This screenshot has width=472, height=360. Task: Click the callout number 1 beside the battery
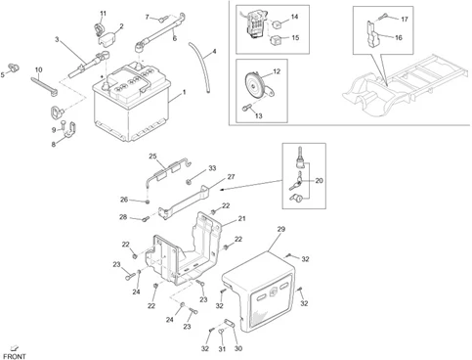[184, 93]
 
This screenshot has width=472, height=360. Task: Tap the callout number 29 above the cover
[279, 228]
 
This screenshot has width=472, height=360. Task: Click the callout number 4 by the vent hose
[214, 51]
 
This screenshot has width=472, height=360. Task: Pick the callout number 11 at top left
[102, 12]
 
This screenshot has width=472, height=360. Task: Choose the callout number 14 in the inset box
[296, 19]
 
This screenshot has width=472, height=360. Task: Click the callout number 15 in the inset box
[296, 37]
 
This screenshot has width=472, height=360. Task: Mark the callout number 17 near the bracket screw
[406, 19]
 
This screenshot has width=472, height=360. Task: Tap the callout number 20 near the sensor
[319, 181]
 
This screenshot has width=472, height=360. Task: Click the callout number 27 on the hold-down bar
[232, 177]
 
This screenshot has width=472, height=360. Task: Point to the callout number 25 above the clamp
[152, 157]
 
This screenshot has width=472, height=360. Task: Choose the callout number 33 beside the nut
[212, 170]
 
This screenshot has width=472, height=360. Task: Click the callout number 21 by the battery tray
[242, 219]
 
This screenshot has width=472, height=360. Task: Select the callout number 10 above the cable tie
[38, 69]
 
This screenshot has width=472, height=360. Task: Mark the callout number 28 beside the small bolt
[124, 216]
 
